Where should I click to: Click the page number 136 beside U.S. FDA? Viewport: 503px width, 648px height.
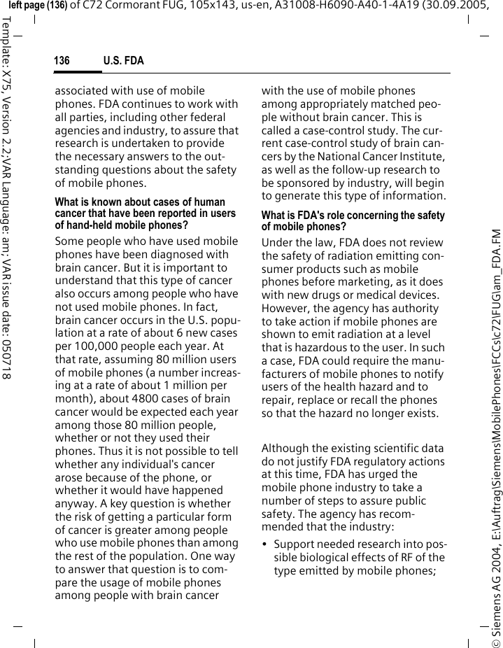[x=62, y=62]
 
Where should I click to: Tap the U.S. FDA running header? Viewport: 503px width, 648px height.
[x=124, y=62]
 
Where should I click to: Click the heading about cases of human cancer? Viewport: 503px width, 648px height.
[x=146, y=213]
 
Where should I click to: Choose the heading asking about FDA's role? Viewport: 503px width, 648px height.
[x=353, y=221]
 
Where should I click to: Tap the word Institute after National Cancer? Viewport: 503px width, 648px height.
[x=422, y=157]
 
